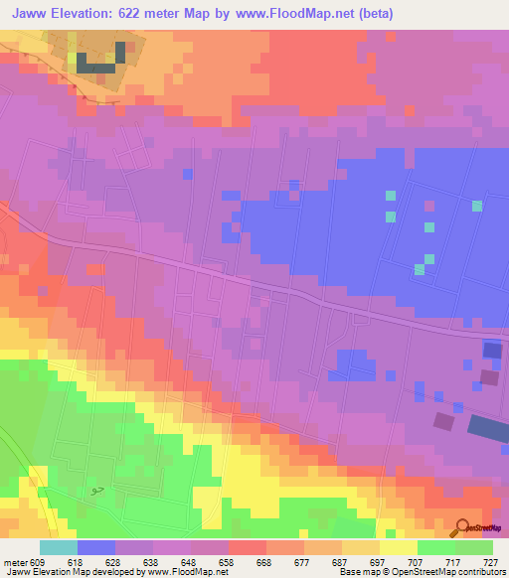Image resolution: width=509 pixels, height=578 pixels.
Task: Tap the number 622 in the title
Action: coord(133,14)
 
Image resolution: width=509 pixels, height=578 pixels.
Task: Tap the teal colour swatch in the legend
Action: coord(58,547)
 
